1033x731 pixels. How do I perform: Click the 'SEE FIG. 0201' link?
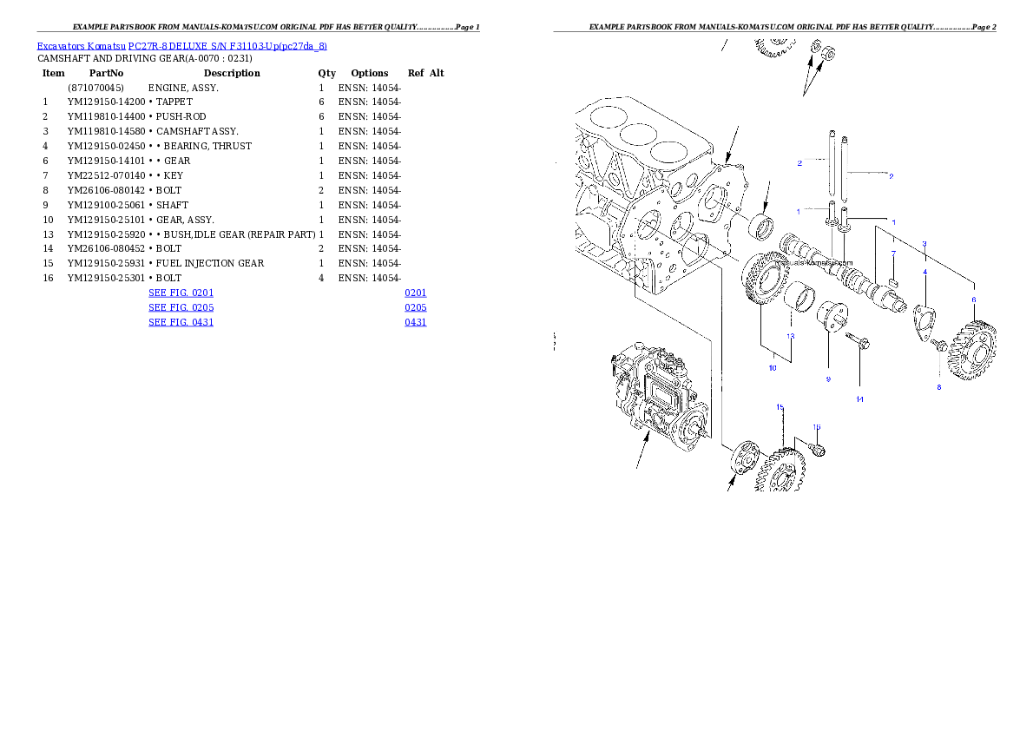tap(181, 293)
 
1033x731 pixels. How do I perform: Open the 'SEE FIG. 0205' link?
tap(181, 307)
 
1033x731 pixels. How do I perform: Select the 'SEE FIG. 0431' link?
tap(181, 322)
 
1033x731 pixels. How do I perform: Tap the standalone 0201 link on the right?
tap(416, 293)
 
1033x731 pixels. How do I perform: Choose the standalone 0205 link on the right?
tap(416, 307)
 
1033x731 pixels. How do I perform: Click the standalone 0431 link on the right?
tap(416, 322)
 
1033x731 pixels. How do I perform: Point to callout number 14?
tap(859, 399)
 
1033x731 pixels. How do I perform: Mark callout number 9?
tap(827, 379)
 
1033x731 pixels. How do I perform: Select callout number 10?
tap(773, 368)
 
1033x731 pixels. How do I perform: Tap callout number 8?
tap(938, 387)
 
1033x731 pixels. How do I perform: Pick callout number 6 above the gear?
tap(973, 300)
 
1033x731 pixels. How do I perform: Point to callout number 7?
tap(893, 254)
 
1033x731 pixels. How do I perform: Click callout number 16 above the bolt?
tap(816, 426)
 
